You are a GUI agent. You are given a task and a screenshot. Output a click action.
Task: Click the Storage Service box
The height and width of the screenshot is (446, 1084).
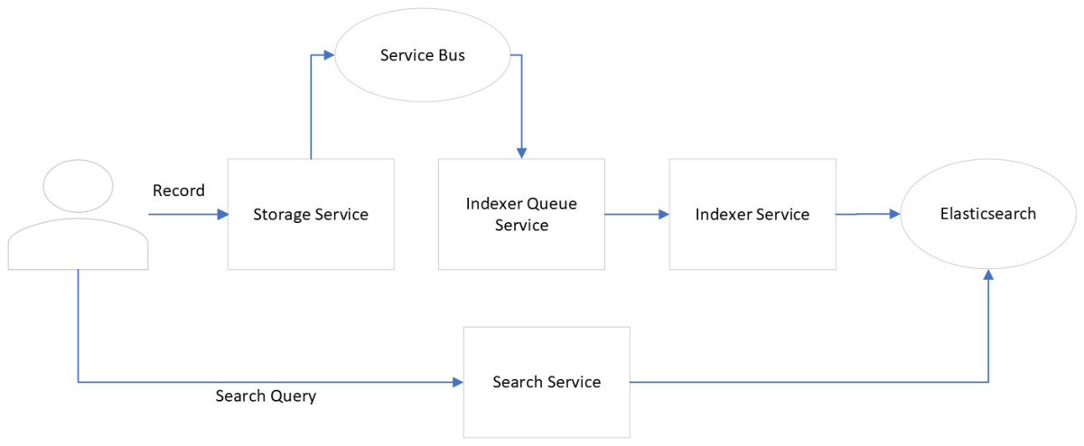coord(310,214)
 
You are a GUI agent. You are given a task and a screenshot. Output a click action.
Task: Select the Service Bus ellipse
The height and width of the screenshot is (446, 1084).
coord(422,56)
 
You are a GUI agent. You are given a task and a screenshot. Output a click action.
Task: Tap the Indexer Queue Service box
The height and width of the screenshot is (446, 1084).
coord(521,214)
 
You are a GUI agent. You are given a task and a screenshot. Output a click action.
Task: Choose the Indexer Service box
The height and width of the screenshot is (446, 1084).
coord(752,214)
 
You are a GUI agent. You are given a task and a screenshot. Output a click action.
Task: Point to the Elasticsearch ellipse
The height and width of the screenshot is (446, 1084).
coord(987,214)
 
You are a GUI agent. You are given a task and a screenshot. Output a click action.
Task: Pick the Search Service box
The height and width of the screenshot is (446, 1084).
coord(547,382)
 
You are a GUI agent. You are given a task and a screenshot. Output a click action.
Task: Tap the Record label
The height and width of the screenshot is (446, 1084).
coord(179,190)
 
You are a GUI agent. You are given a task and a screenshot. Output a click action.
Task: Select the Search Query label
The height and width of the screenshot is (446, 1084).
coord(266,396)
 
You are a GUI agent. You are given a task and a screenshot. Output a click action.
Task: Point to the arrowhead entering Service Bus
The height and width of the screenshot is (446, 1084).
coord(329,55)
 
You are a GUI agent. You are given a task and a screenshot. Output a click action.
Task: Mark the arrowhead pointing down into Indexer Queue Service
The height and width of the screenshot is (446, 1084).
coord(521,153)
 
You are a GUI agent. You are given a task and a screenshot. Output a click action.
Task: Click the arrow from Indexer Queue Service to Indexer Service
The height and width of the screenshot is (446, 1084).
coord(636,215)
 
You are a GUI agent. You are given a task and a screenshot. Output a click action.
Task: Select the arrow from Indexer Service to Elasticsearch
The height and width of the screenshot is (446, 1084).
coord(868,214)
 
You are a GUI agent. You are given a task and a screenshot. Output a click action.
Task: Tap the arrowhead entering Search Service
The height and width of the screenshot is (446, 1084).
coord(457,382)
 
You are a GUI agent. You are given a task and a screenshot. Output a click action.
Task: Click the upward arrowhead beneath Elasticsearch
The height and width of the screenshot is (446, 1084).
coord(988,274)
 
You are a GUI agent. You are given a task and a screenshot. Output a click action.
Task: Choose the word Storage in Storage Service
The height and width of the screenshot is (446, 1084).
coord(281,215)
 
